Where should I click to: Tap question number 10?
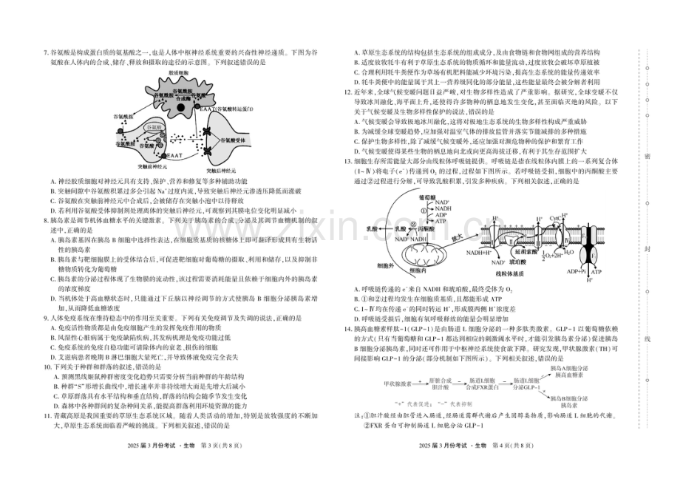[x=47, y=365]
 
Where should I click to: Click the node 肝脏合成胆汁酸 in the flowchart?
[x=440, y=383]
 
